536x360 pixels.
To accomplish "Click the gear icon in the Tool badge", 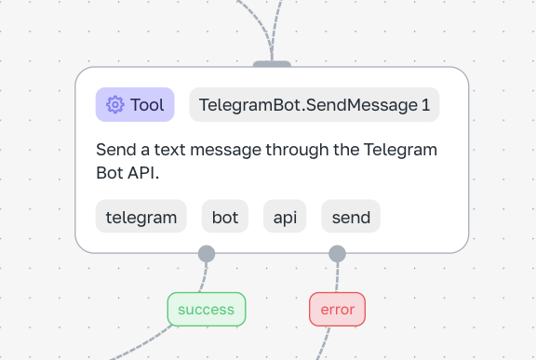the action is pos(115,104).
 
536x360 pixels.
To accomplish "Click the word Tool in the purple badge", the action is pos(147,105).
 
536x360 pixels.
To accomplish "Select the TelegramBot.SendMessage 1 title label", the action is pos(315,104).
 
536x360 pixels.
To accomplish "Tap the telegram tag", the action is pos(141,216).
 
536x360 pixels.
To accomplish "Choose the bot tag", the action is pos(225,216).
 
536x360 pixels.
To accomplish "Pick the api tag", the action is pos(285,216).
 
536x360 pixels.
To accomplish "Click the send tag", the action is pos(351,216).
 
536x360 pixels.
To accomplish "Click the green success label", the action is pos(207,310).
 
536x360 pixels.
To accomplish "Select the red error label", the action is pos(338,310).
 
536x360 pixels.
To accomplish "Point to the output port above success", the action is pos(207,254).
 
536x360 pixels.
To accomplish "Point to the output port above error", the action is pos(338,254).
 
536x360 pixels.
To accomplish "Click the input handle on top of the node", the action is pos(272,64).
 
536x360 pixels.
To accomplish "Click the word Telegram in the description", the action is pos(400,150).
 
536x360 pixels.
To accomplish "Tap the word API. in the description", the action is pos(143,173).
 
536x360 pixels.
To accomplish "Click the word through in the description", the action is pos(297,151).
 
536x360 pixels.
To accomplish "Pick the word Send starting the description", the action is pos(116,150).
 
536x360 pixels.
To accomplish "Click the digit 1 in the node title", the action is pos(425,105).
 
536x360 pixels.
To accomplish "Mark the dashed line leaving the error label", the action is pos(324,343).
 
